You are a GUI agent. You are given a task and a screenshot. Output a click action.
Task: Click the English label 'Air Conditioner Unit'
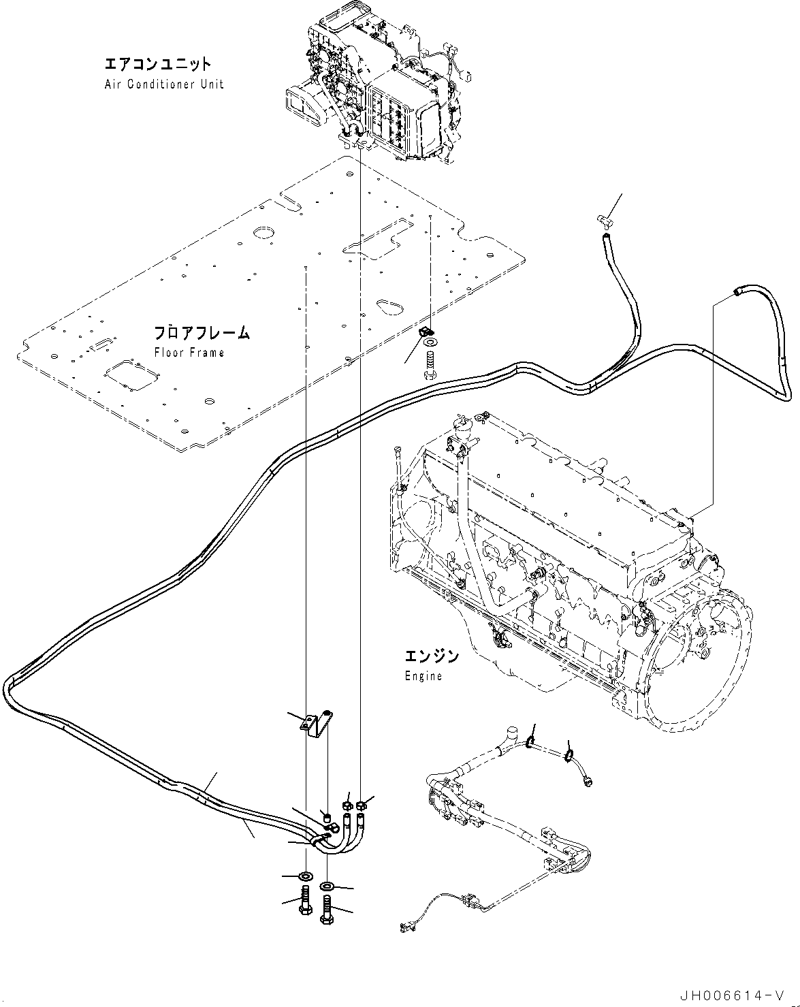click(x=164, y=84)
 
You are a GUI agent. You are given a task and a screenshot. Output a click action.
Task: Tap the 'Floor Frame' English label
click(x=189, y=353)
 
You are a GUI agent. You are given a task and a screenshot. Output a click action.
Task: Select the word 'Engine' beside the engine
click(x=423, y=676)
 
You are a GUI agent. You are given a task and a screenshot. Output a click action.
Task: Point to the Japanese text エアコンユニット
click(x=158, y=65)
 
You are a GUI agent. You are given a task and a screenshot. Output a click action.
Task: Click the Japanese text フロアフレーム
click(x=201, y=333)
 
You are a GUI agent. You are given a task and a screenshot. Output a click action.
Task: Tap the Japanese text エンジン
click(x=432, y=656)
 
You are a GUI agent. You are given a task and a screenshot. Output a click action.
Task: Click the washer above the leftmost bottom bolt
click(x=304, y=875)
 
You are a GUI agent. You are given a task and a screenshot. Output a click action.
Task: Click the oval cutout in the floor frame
click(x=389, y=306)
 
